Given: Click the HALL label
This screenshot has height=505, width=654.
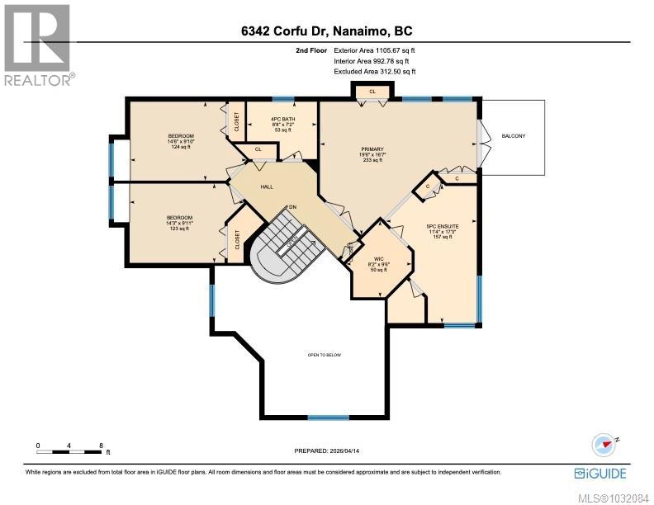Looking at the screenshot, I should (267, 187).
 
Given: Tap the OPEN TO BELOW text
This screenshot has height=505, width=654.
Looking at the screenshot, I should (325, 355).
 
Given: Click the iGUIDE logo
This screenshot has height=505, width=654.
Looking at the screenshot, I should (600, 473).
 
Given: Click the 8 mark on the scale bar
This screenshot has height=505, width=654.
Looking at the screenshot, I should (101, 445).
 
